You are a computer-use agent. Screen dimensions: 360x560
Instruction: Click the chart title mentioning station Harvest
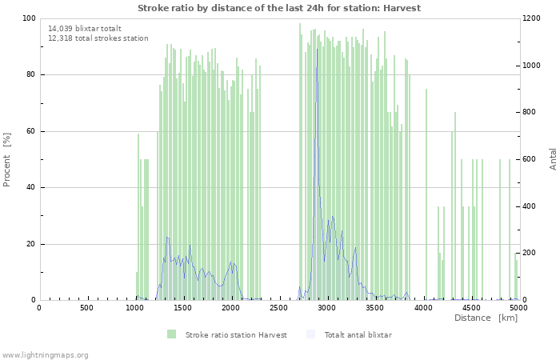[279, 8]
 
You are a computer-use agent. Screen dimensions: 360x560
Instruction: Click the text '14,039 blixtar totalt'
[85, 28]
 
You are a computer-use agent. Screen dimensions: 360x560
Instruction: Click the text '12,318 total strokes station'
[98, 38]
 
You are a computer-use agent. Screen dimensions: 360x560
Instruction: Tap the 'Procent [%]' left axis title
[7, 159]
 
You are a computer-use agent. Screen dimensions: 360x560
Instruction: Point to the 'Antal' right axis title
[553, 158]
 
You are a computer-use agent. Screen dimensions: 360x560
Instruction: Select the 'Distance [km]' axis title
[486, 318]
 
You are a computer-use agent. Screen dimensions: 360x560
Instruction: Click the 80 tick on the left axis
[30, 75]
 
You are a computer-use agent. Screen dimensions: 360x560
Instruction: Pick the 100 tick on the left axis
[28, 18]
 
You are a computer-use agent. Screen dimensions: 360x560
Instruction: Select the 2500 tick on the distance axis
[279, 307]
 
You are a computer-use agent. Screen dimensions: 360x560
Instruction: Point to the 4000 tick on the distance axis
[423, 307]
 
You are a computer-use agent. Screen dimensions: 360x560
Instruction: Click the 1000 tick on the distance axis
[135, 307]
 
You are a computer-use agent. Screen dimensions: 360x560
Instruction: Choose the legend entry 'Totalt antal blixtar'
[358, 334]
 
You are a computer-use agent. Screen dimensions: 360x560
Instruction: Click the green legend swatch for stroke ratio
[171, 334]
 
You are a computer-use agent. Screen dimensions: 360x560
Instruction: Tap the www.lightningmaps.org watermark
[45, 354]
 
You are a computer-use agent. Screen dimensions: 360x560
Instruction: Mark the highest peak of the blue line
[317, 49]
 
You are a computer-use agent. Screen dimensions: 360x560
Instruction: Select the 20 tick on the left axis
[30, 244]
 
